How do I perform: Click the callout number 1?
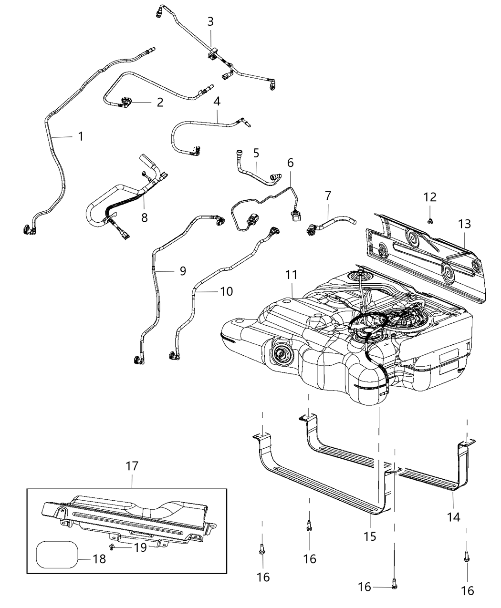(x=81, y=136)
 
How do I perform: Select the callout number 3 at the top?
(x=210, y=21)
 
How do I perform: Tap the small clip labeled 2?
(x=127, y=101)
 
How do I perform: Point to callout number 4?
(x=217, y=102)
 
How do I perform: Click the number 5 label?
(x=256, y=153)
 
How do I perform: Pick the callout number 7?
(x=328, y=196)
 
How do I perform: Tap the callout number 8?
(x=144, y=217)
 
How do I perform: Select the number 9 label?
(x=183, y=271)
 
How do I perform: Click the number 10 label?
(x=226, y=291)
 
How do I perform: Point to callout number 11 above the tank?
(x=292, y=275)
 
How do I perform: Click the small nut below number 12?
(x=430, y=220)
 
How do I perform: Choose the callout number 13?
(x=464, y=224)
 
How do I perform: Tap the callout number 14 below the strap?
(x=453, y=516)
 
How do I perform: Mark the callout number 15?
(x=370, y=536)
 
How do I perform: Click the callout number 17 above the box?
(x=132, y=466)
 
